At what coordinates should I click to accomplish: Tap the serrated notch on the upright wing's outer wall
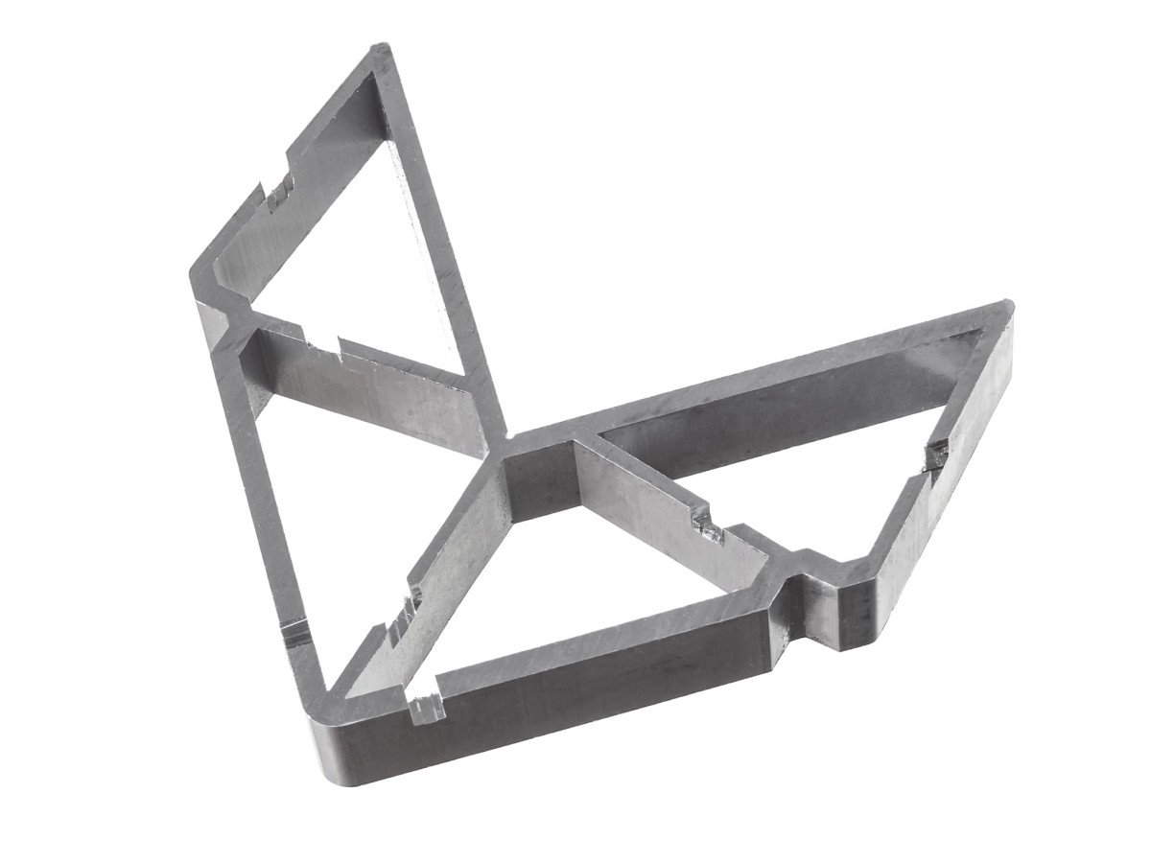[x=279, y=193]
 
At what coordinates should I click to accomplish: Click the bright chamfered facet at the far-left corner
[x=210, y=321]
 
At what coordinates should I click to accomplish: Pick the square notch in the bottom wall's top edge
[x=428, y=708]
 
